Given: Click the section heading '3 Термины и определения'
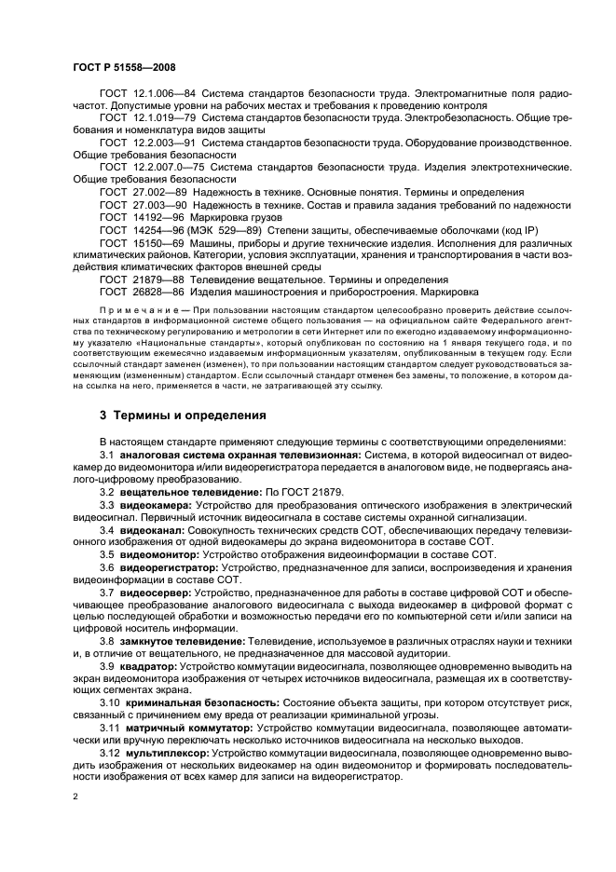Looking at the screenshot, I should click(x=183, y=415).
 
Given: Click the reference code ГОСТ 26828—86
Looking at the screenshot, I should click(x=138, y=292).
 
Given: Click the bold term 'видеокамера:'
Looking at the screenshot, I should click(x=156, y=504).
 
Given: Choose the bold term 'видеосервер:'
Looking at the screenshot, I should click(x=156, y=591).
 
